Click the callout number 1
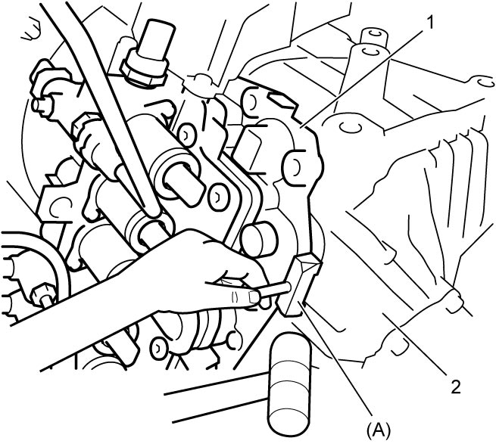(x=429, y=23)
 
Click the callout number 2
(x=455, y=387)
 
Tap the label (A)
(x=379, y=430)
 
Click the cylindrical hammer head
(x=289, y=383)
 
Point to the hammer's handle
(x=217, y=398)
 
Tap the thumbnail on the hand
(x=254, y=297)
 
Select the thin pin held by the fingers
(x=275, y=290)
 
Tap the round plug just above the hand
(x=260, y=241)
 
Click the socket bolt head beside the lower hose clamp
(x=158, y=348)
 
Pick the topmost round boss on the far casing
(x=375, y=36)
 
